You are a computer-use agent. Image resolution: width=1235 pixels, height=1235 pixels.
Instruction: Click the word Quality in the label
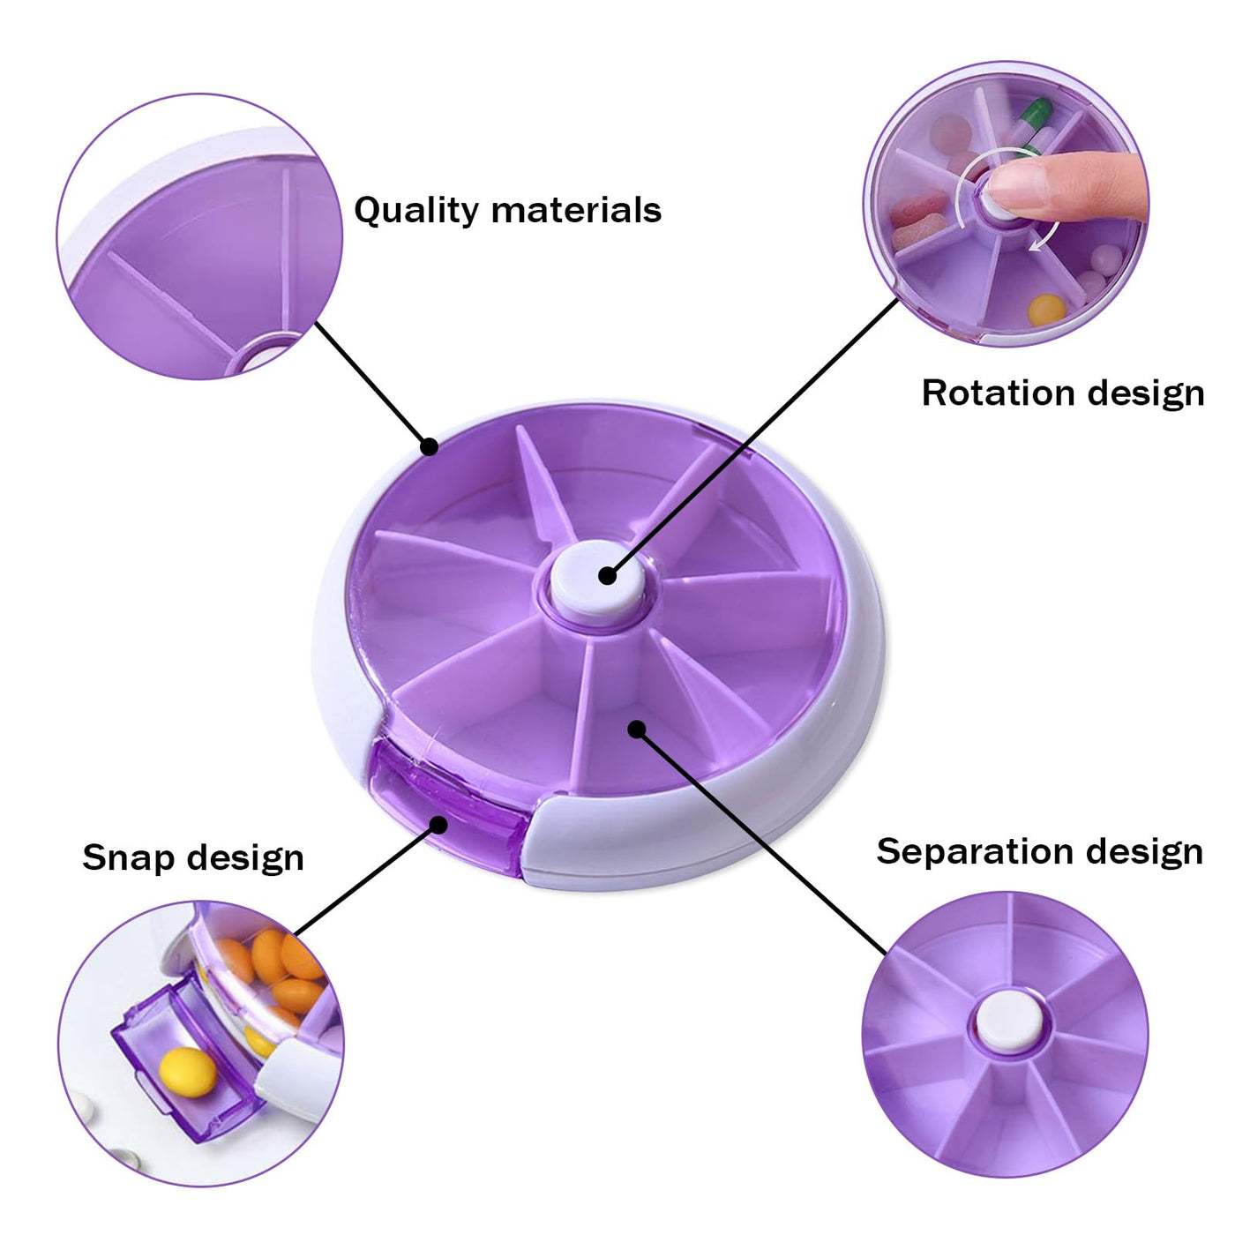tap(416, 210)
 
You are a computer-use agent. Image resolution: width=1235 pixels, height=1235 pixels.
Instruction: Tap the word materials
tap(576, 210)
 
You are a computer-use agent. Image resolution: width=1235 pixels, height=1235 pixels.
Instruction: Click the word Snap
tap(127, 858)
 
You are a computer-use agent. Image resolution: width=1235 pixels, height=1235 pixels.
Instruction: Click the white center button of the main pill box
tap(597, 582)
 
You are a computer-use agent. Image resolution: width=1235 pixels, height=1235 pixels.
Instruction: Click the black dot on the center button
tap(607, 575)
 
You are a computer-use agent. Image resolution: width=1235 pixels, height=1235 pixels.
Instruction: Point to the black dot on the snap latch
tap(438, 824)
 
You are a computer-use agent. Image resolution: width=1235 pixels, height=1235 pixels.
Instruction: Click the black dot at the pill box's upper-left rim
tap(429, 446)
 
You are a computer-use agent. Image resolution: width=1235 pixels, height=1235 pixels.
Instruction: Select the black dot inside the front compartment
tap(636, 729)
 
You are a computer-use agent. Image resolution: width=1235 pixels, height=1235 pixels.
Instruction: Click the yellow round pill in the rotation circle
tap(1046, 310)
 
